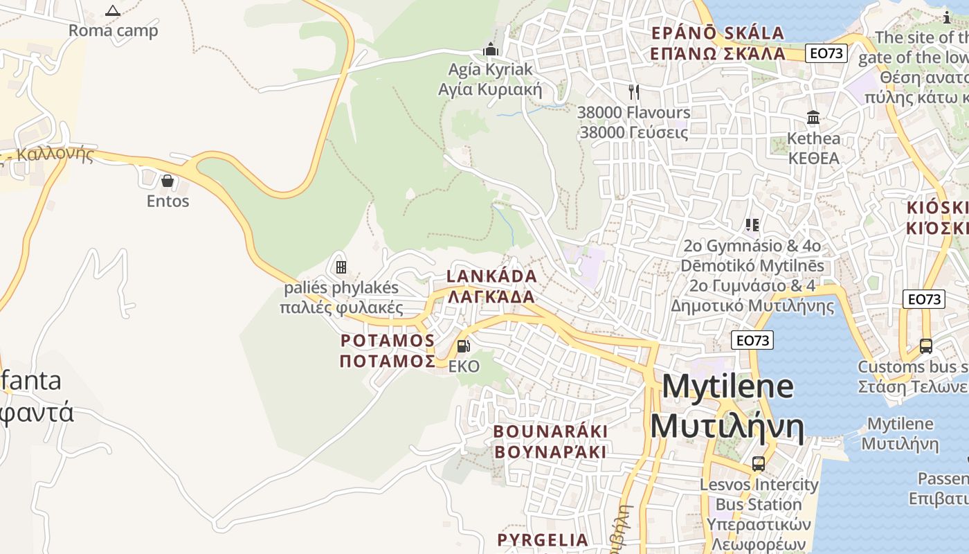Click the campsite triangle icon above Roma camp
(x=113, y=10)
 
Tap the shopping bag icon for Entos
(x=167, y=181)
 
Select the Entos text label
(x=167, y=202)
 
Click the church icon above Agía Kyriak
(x=491, y=49)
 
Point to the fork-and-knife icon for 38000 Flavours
(x=633, y=91)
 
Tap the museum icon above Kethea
(x=813, y=117)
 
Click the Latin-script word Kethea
(x=814, y=138)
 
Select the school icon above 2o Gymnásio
(x=752, y=224)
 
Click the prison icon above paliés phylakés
(x=341, y=267)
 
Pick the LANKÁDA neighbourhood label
(x=491, y=276)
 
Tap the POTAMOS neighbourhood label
(x=388, y=341)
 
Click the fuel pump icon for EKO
(x=463, y=346)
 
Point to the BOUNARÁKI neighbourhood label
(x=550, y=431)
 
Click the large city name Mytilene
(x=727, y=386)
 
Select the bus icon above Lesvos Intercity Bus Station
(x=759, y=463)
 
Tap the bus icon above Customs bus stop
(x=925, y=346)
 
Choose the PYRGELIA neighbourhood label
(x=543, y=539)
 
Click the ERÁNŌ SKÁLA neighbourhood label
(x=718, y=33)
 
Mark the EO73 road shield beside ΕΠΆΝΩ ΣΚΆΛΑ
(x=826, y=53)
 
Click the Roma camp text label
(x=113, y=30)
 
